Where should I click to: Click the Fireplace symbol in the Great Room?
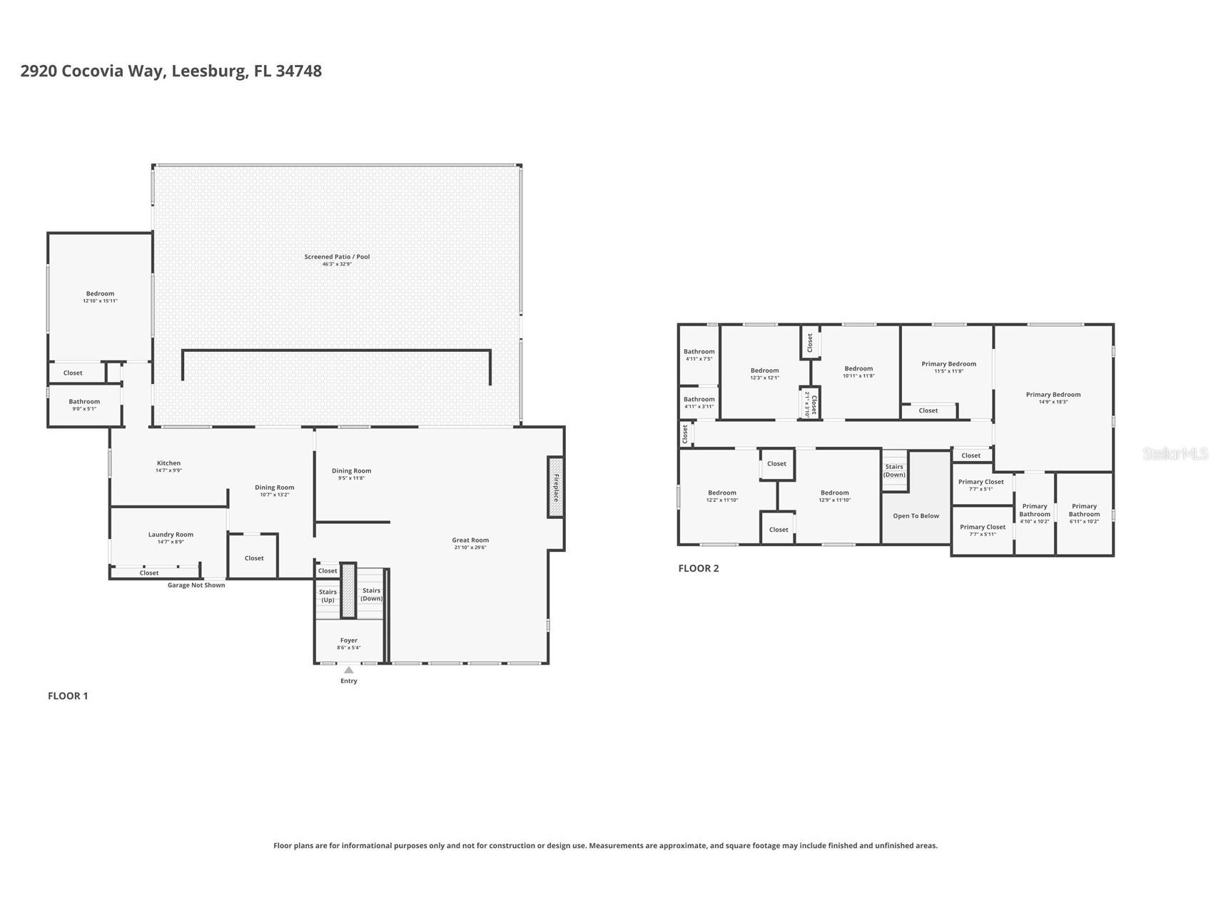click(555, 487)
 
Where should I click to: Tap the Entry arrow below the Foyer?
click(348, 670)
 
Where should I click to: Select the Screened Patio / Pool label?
click(337, 257)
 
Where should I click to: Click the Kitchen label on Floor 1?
click(168, 463)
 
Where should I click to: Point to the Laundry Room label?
click(171, 535)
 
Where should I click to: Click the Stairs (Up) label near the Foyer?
click(328, 595)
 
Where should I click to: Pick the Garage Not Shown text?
click(196, 585)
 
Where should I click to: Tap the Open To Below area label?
click(916, 516)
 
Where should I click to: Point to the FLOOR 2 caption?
click(698, 568)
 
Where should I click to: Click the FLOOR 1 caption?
click(68, 696)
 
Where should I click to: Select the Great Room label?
click(470, 540)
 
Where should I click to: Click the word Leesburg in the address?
click(210, 71)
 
